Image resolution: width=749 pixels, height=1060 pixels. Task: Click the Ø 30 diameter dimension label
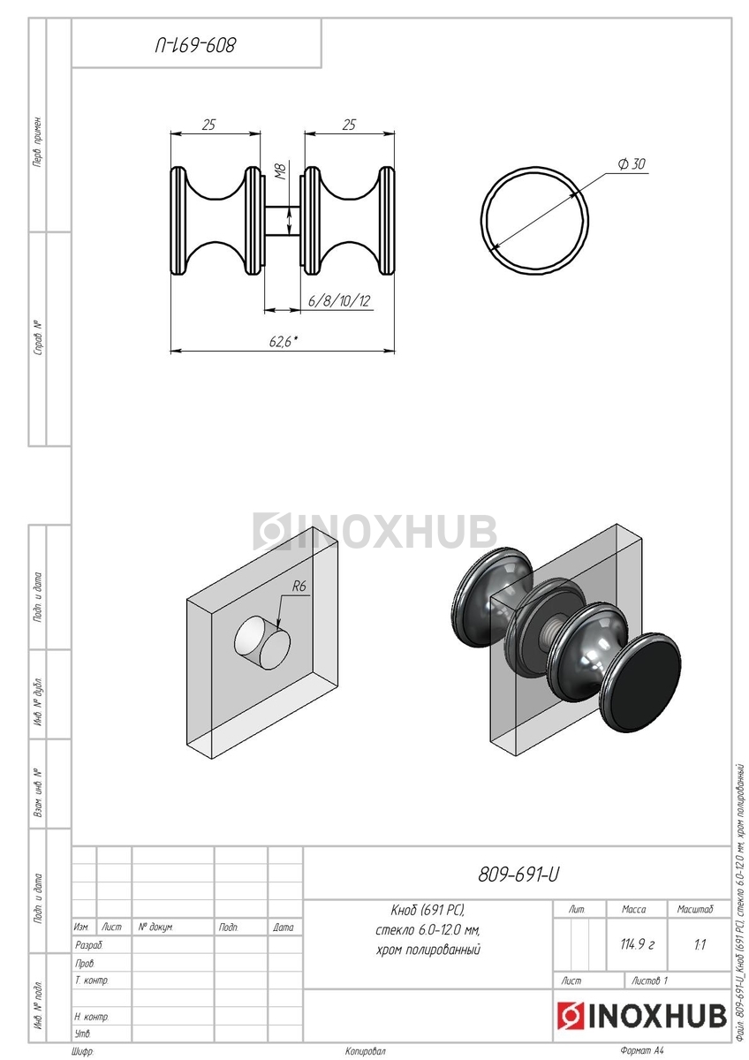(632, 163)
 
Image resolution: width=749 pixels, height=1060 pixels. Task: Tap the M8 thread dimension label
(281, 171)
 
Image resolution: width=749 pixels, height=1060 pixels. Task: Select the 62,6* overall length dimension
(284, 341)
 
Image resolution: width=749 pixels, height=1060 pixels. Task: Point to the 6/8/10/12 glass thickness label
(339, 300)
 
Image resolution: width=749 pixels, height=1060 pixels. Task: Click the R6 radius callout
(299, 587)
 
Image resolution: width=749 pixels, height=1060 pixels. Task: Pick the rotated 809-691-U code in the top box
(195, 45)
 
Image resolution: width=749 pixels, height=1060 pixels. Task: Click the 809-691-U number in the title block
(518, 875)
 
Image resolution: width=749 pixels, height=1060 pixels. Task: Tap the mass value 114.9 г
(637, 944)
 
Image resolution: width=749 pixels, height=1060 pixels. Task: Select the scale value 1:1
(700, 945)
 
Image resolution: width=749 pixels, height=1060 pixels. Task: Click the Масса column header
(633, 909)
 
